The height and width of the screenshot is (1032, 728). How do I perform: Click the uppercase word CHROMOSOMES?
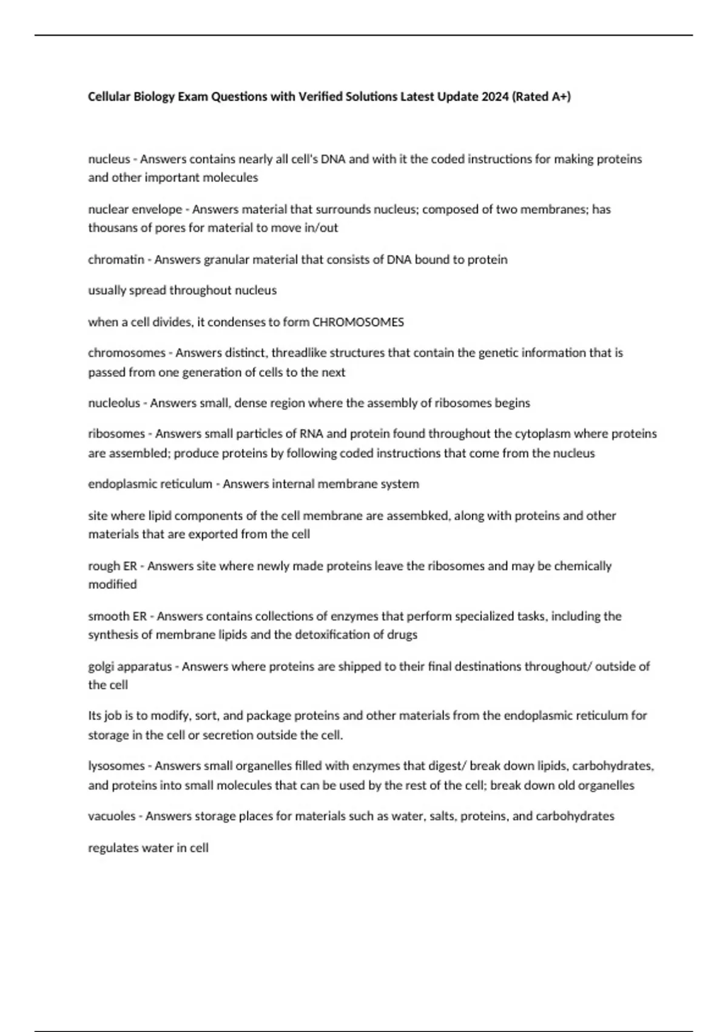click(357, 322)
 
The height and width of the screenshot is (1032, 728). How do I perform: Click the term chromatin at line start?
click(116, 259)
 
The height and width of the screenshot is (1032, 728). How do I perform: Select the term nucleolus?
click(114, 403)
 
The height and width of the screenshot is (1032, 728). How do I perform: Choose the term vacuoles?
click(112, 816)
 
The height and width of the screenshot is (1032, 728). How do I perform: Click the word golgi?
click(101, 666)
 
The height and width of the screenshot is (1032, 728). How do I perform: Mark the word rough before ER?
click(104, 566)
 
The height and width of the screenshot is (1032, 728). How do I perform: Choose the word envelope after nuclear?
click(157, 209)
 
